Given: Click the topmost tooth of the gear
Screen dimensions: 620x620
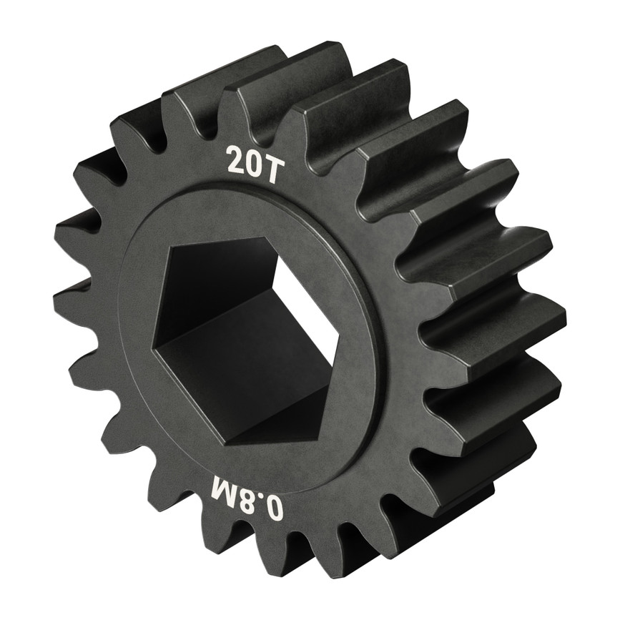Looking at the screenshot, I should [x=315, y=57].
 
